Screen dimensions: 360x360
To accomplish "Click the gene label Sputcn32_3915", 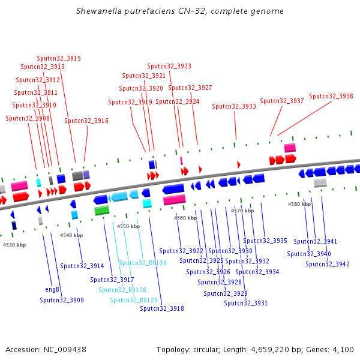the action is [59, 58].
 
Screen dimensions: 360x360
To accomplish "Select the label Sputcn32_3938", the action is [331, 96].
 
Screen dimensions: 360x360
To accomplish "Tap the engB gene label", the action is [52, 289].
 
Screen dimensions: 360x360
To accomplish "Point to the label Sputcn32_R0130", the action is [143, 263].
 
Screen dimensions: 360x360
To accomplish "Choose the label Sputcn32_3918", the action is [162, 308].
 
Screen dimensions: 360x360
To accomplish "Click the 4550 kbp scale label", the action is [128, 226].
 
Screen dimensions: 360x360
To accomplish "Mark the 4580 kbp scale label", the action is [299, 204].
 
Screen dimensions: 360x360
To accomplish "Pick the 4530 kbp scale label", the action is [14, 245].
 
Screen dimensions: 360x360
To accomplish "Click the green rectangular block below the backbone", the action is [102, 211].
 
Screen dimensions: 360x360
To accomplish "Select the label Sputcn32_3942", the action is [328, 264].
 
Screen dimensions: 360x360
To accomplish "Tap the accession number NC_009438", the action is [65, 350].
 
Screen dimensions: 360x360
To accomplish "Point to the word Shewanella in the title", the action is [99, 11].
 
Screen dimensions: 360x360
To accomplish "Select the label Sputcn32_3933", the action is [234, 107].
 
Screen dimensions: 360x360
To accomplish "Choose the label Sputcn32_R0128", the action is [122, 290].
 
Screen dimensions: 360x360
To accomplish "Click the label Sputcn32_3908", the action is [28, 118].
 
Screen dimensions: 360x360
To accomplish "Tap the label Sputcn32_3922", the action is [181, 251].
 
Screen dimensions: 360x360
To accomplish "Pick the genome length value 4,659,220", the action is [270, 350].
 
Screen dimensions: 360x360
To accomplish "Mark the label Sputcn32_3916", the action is [86, 121].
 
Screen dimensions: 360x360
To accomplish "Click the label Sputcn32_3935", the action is [265, 241].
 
